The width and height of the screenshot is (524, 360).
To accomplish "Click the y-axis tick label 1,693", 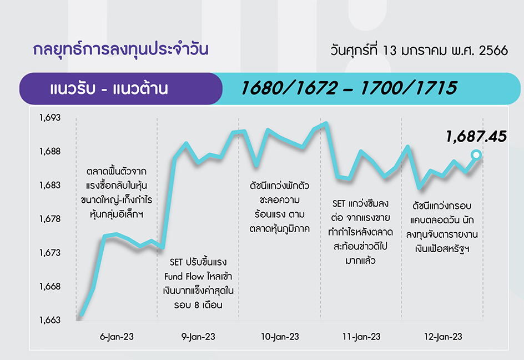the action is coord(50,118).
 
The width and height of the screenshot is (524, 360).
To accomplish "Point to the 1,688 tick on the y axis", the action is coord(50,152).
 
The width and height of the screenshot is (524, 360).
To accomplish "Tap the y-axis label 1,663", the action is coord(50,320).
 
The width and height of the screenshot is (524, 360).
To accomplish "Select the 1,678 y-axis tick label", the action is coord(50,219).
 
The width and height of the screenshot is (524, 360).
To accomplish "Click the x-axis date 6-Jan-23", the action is coord(117,337).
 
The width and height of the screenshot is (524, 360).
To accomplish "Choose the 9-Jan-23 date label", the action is coord(198,337).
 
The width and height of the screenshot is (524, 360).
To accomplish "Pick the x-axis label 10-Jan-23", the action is coord(280,337).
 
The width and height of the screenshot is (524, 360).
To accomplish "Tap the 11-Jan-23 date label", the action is coord(361,337).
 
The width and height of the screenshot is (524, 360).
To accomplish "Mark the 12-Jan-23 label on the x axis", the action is coord(443,337).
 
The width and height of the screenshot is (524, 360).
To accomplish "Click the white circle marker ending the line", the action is coord(476,155).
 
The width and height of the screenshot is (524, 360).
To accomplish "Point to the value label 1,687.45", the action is coord(476,137).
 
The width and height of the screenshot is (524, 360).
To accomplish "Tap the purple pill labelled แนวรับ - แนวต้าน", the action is coord(121,89).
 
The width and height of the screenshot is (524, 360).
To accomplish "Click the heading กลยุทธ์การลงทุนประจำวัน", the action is coord(120,49).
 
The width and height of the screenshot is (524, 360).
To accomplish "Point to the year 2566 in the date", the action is coord(493,51).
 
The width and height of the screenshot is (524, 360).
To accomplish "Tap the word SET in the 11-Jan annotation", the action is coord(339,204).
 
